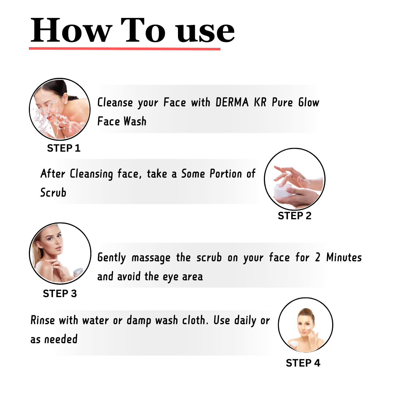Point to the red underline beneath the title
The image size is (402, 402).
pyautogui.click(x=125, y=48)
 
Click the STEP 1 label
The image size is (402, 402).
pyautogui.click(x=64, y=148)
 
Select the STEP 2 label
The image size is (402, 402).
pyautogui.click(x=295, y=216)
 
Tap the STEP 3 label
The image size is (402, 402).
pyautogui.click(x=60, y=294)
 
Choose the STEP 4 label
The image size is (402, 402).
pyautogui.click(x=303, y=363)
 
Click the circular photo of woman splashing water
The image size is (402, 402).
pyautogui.click(x=60, y=109)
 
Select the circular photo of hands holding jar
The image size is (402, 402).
pyautogui.click(x=295, y=179)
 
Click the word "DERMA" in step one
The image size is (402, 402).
pyautogui.click(x=232, y=103)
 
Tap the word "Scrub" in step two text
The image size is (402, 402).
pyautogui.click(x=53, y=193)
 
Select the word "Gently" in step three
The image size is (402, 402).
pyautogui.click(x=112, y=258)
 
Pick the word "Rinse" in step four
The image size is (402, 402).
pyautogui.click(x=43, y=321)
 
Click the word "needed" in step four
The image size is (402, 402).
pyautogui.click(x=61, y=340)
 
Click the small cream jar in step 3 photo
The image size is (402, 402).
pyautogui.click(x=78, y=272)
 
